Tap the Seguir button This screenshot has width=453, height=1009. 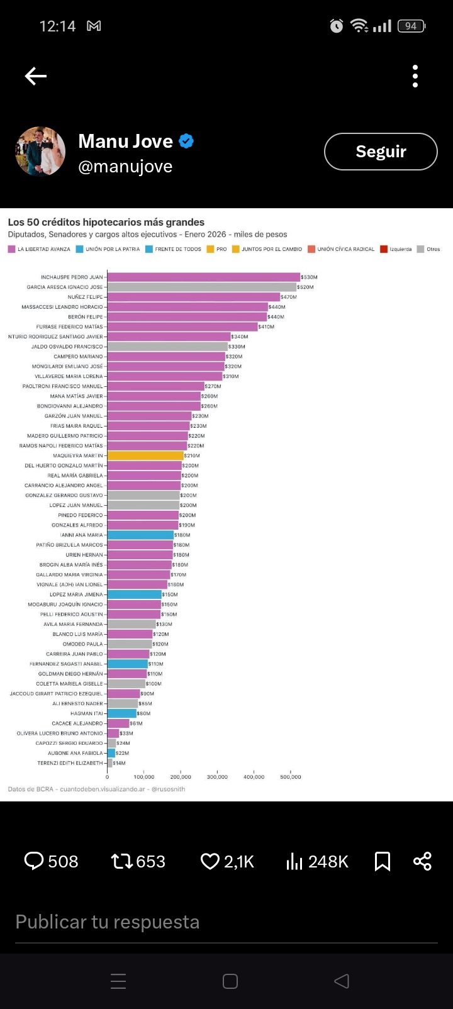click(381, 152)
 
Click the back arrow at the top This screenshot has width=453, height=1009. click(36, 76)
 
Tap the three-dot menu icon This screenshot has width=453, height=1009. click(415, 76)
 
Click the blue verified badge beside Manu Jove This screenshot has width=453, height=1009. click(186, 141)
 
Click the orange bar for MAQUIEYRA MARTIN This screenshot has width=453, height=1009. click(145, 455)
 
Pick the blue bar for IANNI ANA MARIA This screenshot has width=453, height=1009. click(140, 535)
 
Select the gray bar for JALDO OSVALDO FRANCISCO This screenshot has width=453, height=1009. click(167, 347)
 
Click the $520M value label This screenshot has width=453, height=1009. click(305, 287)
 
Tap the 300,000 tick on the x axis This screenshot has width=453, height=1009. click(218, 777)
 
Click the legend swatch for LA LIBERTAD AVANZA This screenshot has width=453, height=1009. click(11, 249)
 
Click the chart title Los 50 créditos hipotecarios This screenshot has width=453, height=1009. click(106, 222)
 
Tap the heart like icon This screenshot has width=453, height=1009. click(210, 861)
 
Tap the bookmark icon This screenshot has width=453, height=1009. click(383, 861)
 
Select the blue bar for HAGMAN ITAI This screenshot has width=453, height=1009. click(121, 713)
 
